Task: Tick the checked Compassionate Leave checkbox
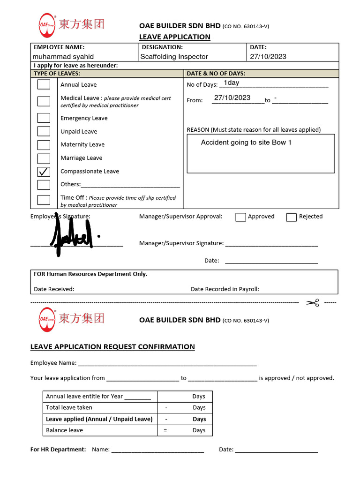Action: point(44,172)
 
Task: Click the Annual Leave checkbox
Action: point(44,84)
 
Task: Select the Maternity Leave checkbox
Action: point(44,145)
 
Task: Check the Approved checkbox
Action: point(240,217)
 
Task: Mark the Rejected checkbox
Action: point(291,217)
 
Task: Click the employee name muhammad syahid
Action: point(63,57)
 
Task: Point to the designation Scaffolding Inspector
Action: point(174,57)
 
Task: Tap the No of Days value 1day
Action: point(232,82)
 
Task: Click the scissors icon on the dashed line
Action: point(313,303)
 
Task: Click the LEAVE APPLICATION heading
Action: point(174,37)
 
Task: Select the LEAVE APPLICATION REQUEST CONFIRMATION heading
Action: point(112,347)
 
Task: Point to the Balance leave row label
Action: point(64,430)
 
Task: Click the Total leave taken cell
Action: point(69,408)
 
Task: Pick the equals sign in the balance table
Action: point(165,430)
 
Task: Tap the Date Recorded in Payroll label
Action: point(225,289)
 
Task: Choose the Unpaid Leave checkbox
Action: point(44,131)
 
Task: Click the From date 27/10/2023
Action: point(232,98)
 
